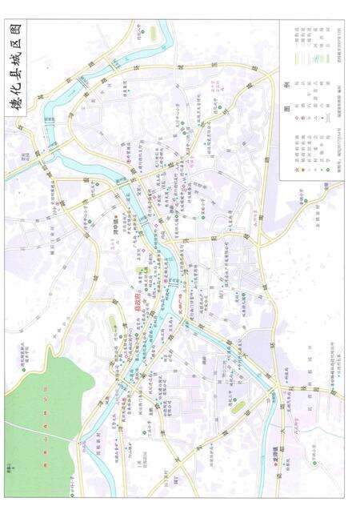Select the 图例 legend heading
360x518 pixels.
pos(288,107)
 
